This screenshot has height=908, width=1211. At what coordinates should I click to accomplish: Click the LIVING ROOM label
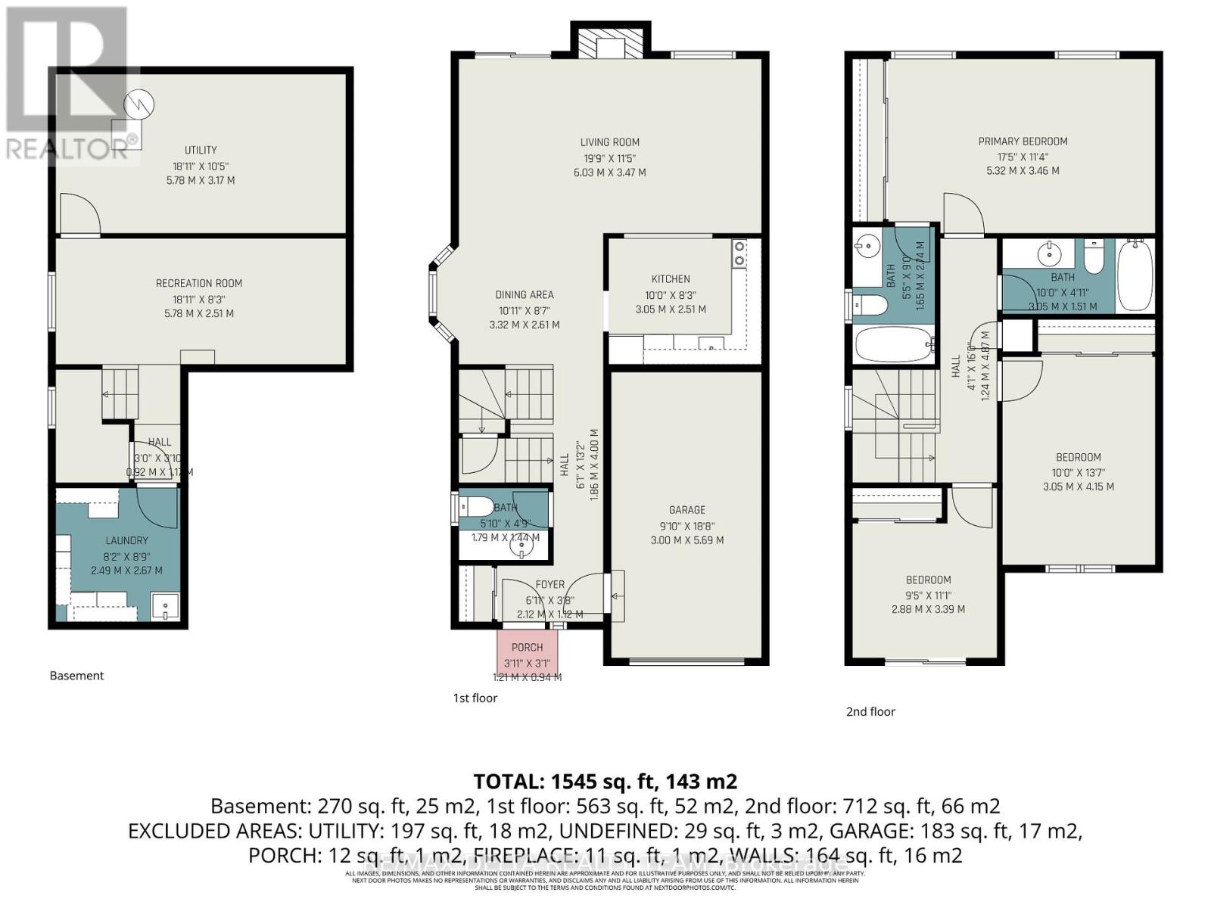pos(609,142)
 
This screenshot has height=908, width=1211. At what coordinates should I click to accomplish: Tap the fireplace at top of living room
pos(610,42)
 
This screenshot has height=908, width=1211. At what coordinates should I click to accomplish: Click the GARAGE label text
pos(686,510)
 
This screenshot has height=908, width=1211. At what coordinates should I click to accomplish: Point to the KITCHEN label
pos(671,279)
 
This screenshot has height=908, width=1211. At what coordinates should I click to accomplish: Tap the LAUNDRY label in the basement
pos(126,540)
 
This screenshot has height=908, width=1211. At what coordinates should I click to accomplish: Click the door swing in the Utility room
pos(79,215)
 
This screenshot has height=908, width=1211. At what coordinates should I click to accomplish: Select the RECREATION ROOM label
pos(199,283)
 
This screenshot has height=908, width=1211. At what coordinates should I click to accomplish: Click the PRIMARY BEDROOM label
pos(1023,141)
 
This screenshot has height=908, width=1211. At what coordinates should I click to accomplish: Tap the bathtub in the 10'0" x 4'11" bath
pos(1135,275)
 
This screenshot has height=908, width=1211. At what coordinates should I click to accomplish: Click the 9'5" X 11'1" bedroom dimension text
pos(929,595)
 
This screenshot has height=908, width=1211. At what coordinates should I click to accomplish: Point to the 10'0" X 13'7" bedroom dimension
pos(1078,472)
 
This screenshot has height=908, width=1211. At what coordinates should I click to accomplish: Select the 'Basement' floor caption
pos(76,676)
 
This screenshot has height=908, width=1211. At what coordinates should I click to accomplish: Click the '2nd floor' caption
pos(870,711)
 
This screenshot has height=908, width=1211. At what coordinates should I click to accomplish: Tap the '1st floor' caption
pos(475,698)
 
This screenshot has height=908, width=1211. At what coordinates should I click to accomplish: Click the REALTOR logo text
pos(68,148)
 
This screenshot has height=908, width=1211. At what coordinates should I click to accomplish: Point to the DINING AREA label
pos(525,295)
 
